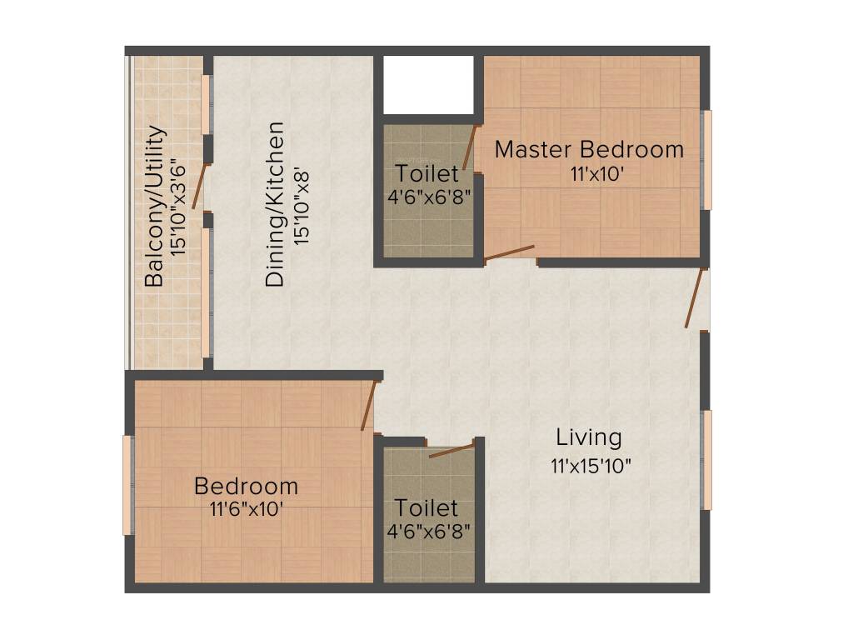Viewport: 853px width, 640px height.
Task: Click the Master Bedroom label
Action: (589, 150)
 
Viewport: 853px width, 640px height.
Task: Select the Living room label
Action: (589, 437)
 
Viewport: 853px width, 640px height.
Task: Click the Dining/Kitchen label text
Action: (276, 205)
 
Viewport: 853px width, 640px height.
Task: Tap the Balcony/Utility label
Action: (155, 206)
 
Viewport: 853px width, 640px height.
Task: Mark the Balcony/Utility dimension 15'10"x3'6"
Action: (179, 206)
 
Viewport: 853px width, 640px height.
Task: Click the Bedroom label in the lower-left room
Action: (246, 485)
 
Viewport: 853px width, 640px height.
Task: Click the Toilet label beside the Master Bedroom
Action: (426, 174)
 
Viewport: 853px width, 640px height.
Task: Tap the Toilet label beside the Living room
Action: (426, 507)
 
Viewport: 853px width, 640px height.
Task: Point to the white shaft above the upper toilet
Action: (428, 83)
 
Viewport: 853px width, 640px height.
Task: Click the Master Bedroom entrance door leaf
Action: (510, 252)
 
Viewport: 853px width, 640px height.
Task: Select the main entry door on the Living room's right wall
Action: (695, 297)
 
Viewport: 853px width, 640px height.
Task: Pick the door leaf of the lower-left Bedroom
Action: (369, 406)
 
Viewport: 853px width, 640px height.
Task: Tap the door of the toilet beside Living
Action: (451, 451)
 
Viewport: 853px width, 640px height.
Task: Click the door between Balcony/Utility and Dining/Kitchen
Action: (199, 186)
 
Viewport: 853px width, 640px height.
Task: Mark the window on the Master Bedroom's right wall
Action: (707, 159)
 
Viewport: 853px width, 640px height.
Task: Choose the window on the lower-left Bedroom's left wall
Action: (127, 484)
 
